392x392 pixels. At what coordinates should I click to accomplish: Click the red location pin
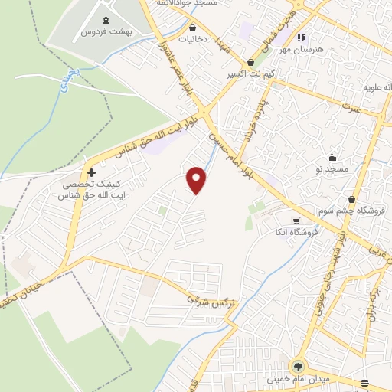coord(198,180)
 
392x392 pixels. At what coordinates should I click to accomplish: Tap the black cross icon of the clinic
coord(93,172)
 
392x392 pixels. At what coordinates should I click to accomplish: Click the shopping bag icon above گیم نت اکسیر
coord(252,63)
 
